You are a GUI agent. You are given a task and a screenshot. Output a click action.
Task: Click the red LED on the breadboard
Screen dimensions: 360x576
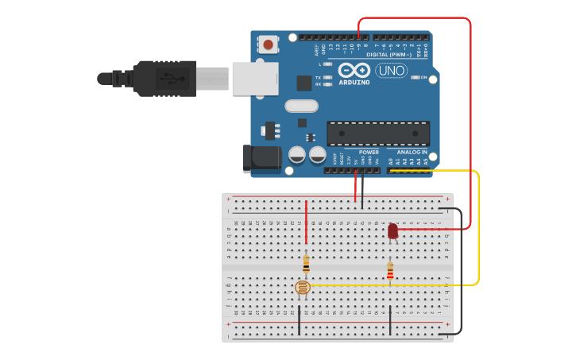coord(392,231)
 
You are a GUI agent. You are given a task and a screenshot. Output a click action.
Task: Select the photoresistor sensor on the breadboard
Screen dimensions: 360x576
coord(302,288)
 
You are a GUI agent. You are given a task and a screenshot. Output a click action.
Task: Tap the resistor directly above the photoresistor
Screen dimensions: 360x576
coord(307,263)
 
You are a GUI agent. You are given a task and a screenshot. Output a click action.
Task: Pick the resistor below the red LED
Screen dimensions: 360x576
coord(390,273)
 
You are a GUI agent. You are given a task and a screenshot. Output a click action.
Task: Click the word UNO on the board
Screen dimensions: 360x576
coord(391,72)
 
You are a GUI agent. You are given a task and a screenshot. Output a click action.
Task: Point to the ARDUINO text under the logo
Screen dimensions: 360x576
coord(354,82)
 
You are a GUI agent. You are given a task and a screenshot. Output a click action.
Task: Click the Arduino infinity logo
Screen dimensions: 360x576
coord(354,70)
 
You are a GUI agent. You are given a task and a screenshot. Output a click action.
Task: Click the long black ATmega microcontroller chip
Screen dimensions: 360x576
coord(378,134)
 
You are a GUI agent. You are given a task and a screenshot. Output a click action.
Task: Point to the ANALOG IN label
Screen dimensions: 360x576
coord(412,152)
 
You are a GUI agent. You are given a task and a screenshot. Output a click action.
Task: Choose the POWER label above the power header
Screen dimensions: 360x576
coord(369,152)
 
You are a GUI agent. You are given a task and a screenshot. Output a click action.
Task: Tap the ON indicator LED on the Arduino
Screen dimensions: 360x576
coord(415,77)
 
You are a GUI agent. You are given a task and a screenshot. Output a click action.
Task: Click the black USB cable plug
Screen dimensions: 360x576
coord(160,79)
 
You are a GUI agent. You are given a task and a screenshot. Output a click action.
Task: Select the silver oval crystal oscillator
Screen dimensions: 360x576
coord(300,106)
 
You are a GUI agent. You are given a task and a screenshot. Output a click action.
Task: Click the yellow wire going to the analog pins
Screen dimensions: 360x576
coord(477,230)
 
